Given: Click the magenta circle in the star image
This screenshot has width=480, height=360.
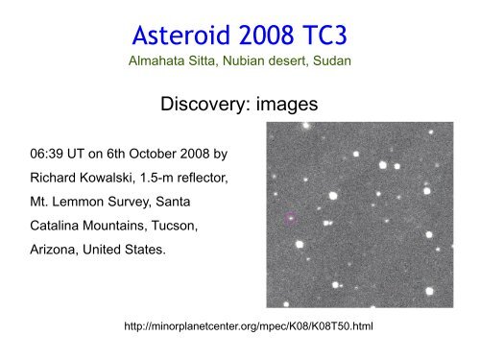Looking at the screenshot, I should tap(291, 218).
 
